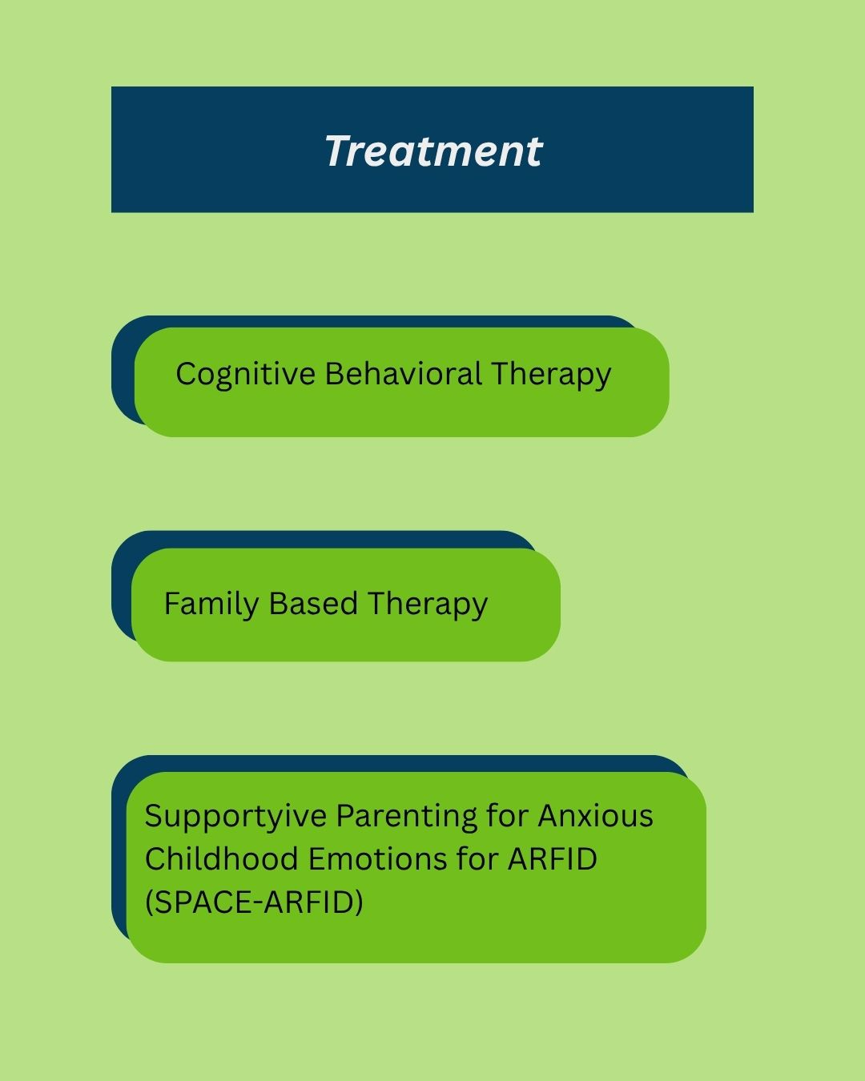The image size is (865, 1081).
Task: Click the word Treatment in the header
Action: pyautogui.click(x=433, y=151)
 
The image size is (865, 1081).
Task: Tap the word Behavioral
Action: pyautogui.click(x=404, y=374)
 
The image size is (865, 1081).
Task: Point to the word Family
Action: pyautogui.click(x=211, y=605)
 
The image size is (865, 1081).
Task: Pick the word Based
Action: pyautogui.click(x=313, y=603)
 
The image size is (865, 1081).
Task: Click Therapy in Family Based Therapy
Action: pyautogui.click(x=428, y=605)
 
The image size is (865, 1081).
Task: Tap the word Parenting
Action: pyautogui.click(x=407, y=817)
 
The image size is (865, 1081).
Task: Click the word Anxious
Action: pyautogui.click(x=596, y=815)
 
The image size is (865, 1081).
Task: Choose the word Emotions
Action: pyautogui.click(x=377, y=858)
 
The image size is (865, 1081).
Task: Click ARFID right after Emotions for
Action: pyautogui.click(x=552, y=858)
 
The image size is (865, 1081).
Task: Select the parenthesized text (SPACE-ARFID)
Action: pyautogui.click(x=254, y=902)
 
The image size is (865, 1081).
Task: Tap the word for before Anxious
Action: pyautogui.click(x=507, y=815)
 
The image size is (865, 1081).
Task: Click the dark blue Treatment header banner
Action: pyautogui.click(x=432, y=150)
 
